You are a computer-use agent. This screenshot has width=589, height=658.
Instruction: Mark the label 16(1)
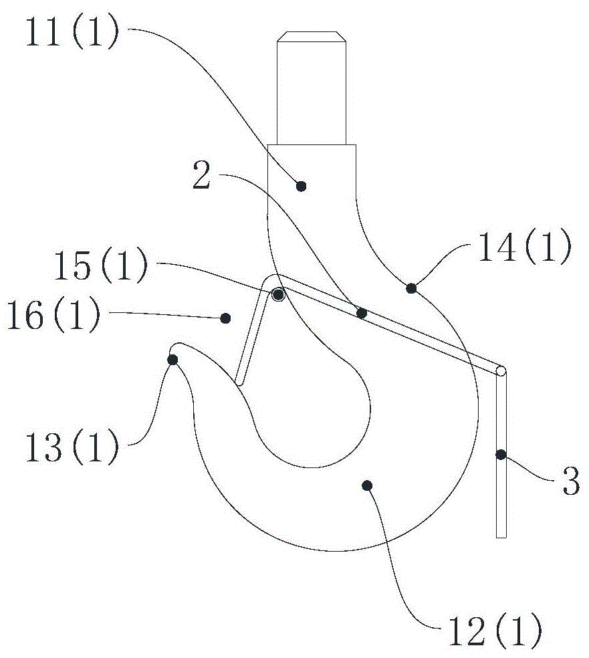[x=54, y=315]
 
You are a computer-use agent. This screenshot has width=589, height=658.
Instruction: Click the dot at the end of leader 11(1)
[x=301, y=185]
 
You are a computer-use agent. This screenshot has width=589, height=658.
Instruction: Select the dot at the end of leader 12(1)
[x=366, y=484]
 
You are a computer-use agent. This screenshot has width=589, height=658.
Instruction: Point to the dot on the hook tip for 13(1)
[x=172, y=360]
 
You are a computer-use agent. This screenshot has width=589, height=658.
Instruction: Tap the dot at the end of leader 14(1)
[x=411, y=288]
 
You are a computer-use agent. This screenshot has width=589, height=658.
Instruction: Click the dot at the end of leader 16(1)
[x=226, y=319]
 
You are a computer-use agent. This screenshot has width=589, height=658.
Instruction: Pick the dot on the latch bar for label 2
[x=362, y=312]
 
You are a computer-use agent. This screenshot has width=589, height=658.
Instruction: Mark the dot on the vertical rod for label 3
[x=500, y=455]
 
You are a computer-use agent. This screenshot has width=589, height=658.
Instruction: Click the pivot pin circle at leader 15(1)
[x=277, y=294]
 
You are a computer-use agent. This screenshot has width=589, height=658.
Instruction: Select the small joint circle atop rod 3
[x=501, y=371]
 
